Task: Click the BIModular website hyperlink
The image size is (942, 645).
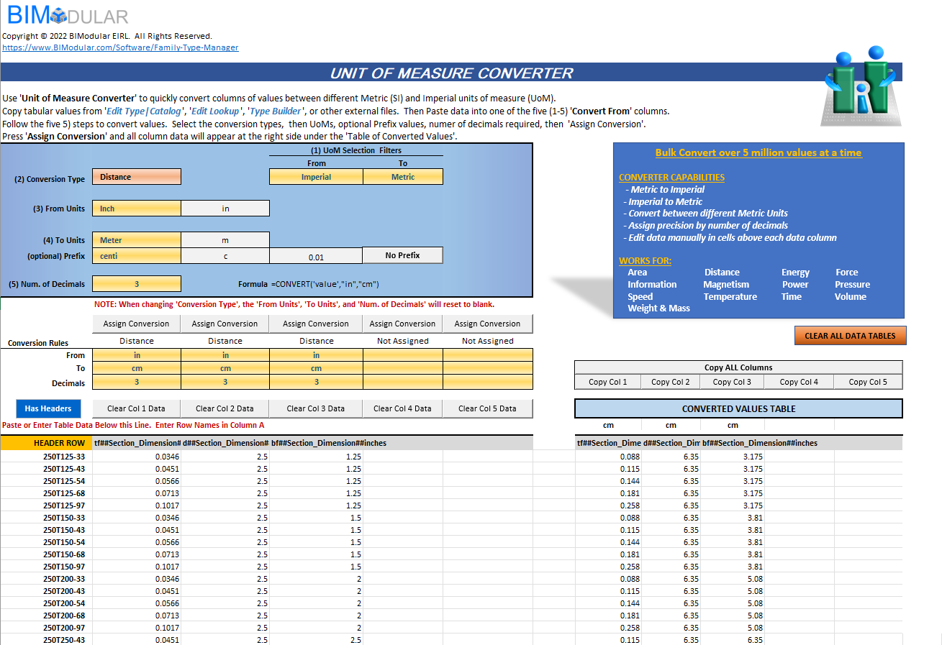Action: point(120,47)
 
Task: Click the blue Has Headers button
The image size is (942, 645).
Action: point(48,408)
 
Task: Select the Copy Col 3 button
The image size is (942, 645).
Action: point(732,382)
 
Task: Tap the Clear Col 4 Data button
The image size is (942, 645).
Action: point(402,408)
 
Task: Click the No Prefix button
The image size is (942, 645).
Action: point(402,255)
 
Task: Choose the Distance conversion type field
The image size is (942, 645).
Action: point(137,177)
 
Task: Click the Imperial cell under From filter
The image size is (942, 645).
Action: point(316,177)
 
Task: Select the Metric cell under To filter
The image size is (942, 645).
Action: point(403,177)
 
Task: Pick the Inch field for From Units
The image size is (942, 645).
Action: point(137,209)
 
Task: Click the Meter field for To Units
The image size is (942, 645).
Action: point(137,240)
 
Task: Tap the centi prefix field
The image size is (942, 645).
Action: point(137,256)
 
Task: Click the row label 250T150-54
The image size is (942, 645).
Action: point(64,542)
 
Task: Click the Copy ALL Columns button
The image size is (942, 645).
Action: point(738,367)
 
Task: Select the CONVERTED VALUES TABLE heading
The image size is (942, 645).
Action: point(738,408)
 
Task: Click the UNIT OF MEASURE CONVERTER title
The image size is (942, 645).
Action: point(451,73)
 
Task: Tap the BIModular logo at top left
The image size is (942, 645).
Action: point(68,16)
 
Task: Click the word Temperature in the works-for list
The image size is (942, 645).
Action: point(730,296)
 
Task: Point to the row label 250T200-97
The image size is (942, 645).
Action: point(64,628)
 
